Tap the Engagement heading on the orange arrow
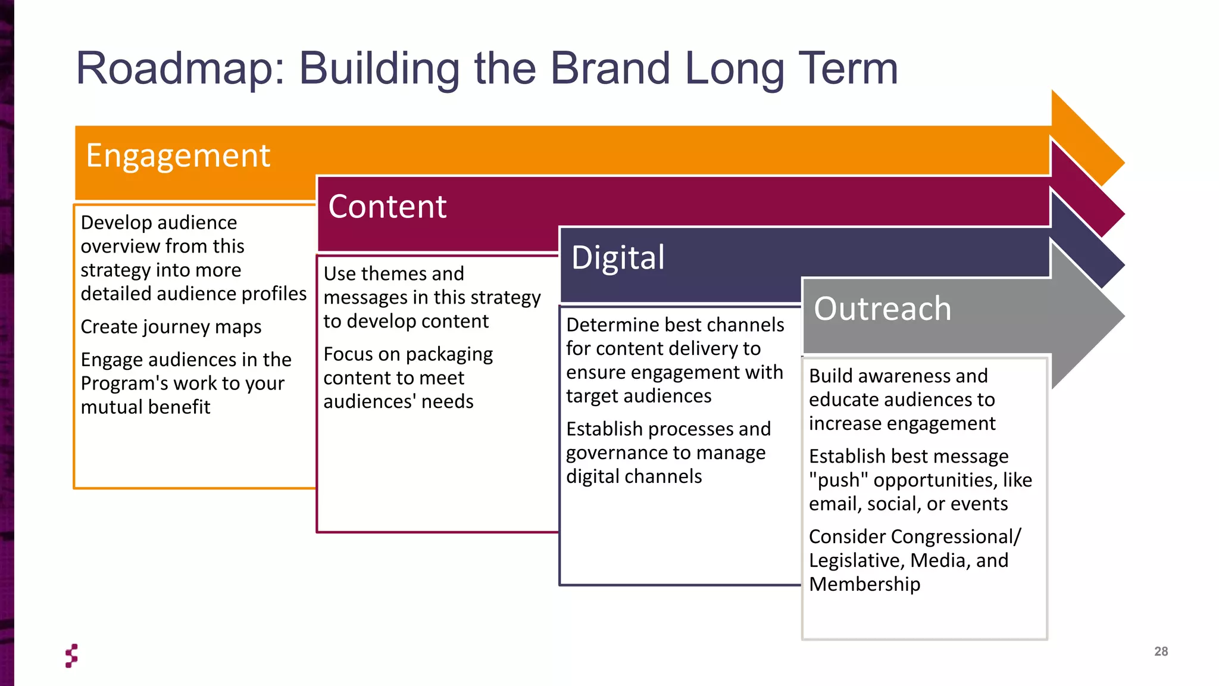pos(178,156)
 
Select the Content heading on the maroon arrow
pos(387,207)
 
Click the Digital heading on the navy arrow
pos(618,258)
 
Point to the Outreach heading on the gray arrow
pos(882,309)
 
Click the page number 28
pos(1161,651)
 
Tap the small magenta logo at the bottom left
pos(71,656)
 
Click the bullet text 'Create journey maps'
pos(171,327)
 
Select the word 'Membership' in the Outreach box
pos(864,584)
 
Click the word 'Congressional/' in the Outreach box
pos(956,537)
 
